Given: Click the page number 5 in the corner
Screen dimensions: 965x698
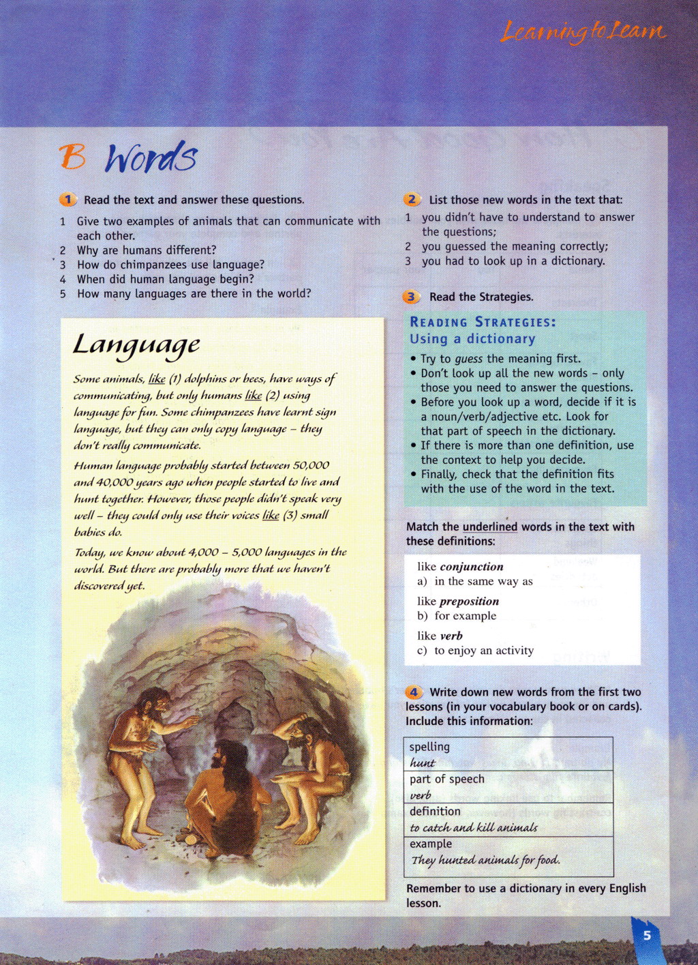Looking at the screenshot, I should [647, 935].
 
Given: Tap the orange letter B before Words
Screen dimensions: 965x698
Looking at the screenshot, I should [72, 157].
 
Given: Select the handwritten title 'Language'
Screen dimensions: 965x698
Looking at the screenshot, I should [136, 344].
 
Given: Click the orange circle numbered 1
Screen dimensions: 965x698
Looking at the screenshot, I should [68, 199].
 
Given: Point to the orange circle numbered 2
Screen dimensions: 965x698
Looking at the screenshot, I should [412, 199].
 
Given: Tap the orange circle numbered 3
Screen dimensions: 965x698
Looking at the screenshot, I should [411, 297].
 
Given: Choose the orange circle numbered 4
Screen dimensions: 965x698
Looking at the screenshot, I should [413, 692].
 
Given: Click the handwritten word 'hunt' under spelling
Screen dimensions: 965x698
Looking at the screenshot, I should [423, 763].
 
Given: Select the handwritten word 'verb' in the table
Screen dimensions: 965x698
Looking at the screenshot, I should [421, 795].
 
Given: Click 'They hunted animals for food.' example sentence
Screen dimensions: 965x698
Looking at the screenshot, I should [485, 860].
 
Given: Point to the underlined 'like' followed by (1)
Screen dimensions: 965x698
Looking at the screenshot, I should [157, 378].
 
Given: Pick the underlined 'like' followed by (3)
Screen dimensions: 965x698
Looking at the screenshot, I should [271, 515].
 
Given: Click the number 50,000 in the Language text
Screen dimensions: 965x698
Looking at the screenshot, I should [311, 465].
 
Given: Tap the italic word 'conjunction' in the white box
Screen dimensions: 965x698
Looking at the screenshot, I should [472, 567].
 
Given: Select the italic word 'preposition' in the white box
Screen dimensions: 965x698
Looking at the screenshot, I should [469, 602].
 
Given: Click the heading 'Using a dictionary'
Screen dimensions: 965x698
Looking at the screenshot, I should [472, 339].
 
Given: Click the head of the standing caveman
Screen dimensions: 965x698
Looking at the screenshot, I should [154, 702].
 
